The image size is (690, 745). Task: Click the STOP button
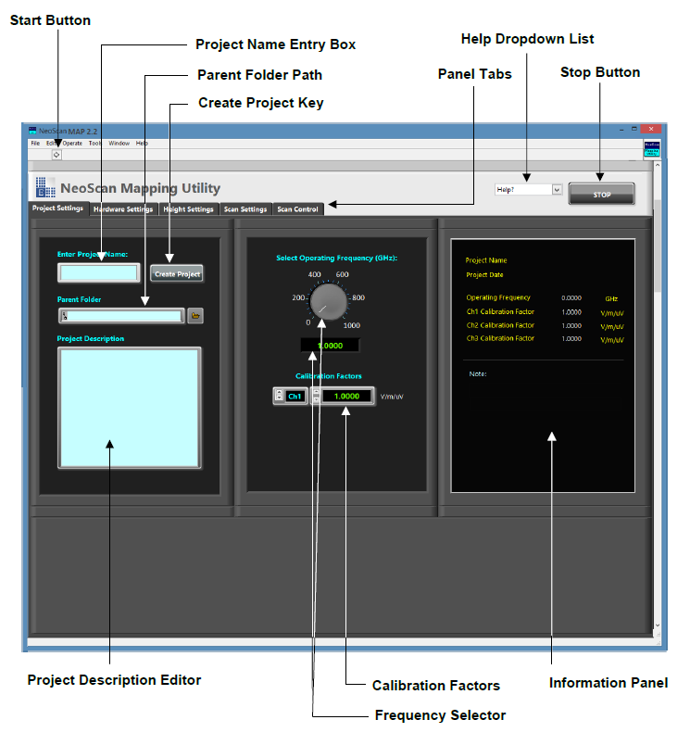(x=601, y=195)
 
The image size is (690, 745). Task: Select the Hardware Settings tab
(x=123, y=209)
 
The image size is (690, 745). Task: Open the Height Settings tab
(x=188, y=209)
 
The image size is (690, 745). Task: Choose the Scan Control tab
(x=297, y=209)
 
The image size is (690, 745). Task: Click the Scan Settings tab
(x=245, y=209)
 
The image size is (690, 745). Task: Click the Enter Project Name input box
(x=98, y=272)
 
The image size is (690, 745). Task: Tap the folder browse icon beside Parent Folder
(x=195, y=316)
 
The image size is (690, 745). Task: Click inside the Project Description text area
(x=129, y=408)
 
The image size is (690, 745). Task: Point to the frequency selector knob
(x=328, y=300)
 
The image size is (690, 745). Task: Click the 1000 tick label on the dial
(x=352, y=325)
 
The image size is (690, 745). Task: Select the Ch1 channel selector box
(x=295, y=396)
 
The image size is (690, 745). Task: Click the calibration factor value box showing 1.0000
(x=346, y=396)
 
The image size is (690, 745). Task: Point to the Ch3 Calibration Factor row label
(x=500, y=338)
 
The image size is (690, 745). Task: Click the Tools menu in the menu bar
(x=95, y=144)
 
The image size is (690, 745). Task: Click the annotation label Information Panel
(x=608, y=683)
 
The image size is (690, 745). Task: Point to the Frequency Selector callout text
(x=440, y=715)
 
